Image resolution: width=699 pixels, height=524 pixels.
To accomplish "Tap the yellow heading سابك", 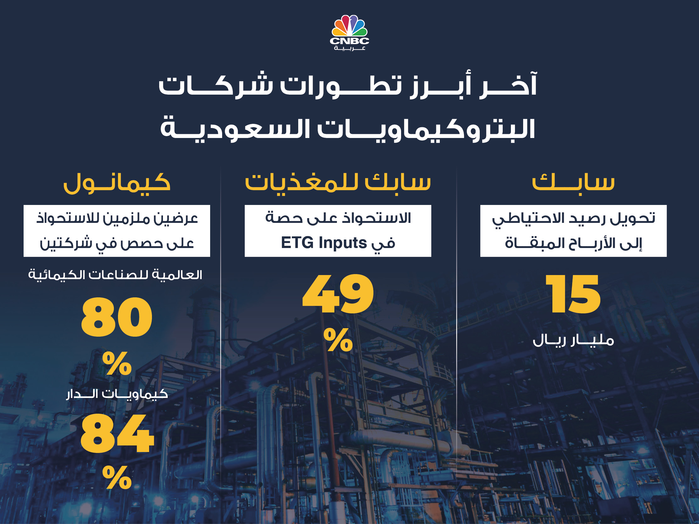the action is coord(573,182).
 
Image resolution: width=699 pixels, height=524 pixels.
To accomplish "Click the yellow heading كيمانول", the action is coord(117,183).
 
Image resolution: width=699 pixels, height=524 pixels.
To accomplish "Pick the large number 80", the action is coord(117,317).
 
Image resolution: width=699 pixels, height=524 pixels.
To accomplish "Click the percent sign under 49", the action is coord(338,339).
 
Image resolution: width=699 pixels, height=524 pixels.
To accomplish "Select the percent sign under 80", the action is coord(117,363).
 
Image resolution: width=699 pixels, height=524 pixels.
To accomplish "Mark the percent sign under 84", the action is coord(117,477).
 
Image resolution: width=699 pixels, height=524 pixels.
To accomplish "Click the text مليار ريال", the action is coord(573,340).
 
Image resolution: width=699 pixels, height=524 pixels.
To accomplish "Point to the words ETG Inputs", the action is coord(324,243).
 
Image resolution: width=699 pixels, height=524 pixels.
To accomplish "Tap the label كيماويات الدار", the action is coord(117,394).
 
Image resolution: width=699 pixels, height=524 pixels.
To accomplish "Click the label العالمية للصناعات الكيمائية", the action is coord(115,274).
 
